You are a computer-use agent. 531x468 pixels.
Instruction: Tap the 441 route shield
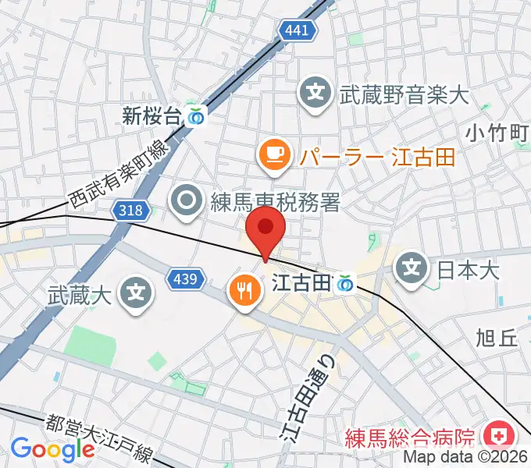pos(297,30)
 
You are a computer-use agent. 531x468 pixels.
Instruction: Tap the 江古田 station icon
pos(344,285)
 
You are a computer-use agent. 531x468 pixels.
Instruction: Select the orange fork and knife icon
pos(244,291)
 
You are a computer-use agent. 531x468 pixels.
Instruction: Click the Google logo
pos(52,449)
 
